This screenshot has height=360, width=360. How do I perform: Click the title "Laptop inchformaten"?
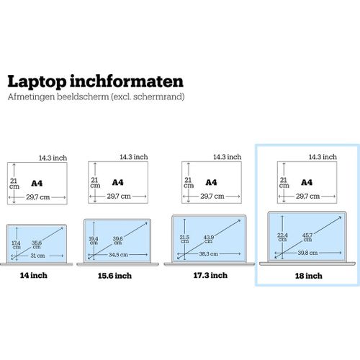[96, 82]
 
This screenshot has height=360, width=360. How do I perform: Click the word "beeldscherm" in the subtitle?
[83, 96]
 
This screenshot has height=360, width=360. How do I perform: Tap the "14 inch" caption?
[34, 275]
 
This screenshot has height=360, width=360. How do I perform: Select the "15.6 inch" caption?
[114, 276]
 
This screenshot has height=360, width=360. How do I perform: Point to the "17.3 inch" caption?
[210, 275]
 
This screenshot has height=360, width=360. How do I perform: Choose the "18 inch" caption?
[309, 276]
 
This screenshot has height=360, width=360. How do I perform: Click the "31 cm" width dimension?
[37, 256]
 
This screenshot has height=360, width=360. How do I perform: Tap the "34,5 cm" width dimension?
[118, 255]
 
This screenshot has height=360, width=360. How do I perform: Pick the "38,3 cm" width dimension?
[209, 253]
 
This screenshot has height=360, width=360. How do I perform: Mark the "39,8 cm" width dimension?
[308, 253]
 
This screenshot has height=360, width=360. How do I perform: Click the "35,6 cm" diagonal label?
[37, 245]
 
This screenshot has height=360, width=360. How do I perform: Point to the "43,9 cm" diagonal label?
[208, 239]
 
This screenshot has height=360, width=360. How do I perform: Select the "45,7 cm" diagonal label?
[307, 238]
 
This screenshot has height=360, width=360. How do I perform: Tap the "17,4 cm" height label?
[17, 245]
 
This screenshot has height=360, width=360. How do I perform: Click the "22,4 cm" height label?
[282, 238]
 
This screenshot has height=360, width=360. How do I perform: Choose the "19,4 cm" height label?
[94, 240]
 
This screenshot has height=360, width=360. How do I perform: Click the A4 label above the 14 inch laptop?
[37, 184]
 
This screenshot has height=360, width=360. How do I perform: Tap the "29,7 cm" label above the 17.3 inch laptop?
[212, 197]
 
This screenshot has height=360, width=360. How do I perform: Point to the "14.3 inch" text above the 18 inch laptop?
[323, 157]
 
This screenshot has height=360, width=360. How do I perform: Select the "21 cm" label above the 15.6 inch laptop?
[95, 183]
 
